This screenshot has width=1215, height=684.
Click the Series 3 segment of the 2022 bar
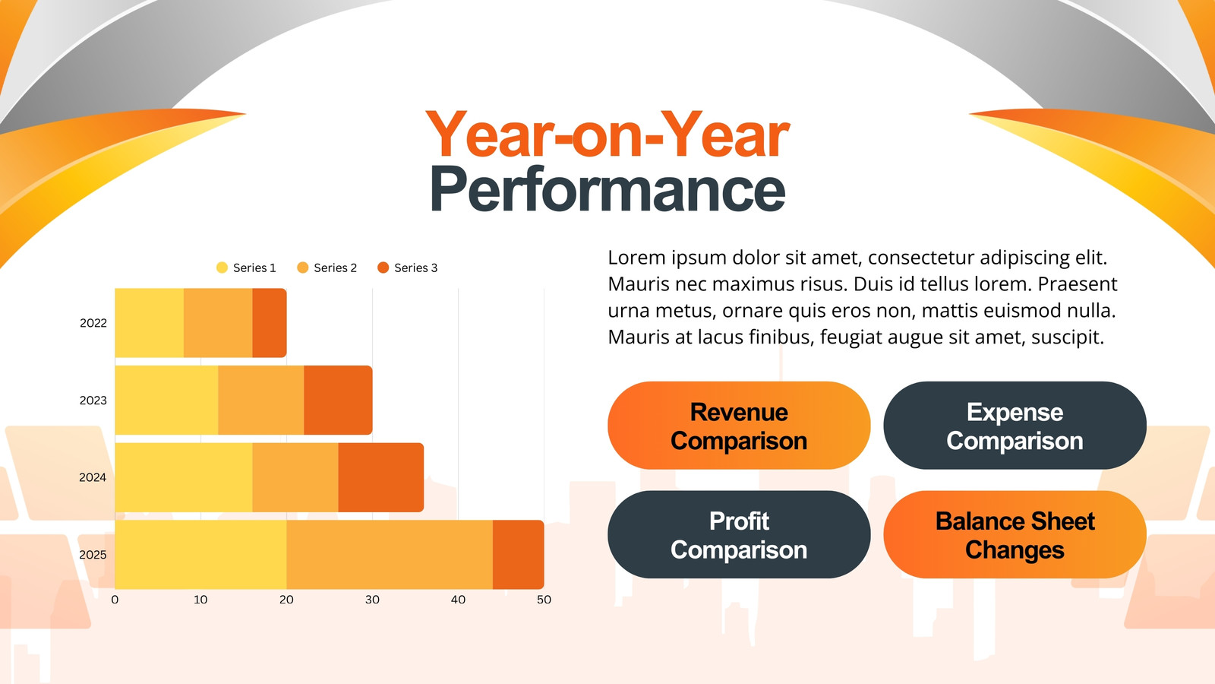coord(270,322)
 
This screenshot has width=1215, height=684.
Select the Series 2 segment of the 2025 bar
coord(390,554)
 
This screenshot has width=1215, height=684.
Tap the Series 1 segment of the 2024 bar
coord(184,477)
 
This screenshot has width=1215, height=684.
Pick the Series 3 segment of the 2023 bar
coord(339,400)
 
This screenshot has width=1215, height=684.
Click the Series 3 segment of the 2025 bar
coord(519,554)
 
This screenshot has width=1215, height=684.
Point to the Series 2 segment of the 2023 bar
coord(261,400)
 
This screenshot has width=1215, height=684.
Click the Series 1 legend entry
coord(246,268)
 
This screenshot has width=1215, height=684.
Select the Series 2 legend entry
coord(327,268)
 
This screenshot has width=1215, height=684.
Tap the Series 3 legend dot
coord(383,268)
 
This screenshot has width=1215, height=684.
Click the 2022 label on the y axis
coord(93,323)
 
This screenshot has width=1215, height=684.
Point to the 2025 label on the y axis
coord(93,555)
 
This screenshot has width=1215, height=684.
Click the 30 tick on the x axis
coord(372,600)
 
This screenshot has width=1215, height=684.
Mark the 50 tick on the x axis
coord(544,600)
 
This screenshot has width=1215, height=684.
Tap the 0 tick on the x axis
coord(115,600)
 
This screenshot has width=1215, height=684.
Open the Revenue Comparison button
coord(739,426)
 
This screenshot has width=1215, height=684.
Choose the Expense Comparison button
coord(1015,426)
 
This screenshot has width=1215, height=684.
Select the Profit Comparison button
coord(739,535)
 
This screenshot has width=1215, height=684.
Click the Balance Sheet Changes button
coord(1015,535)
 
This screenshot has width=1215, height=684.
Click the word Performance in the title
coord(607,189)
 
